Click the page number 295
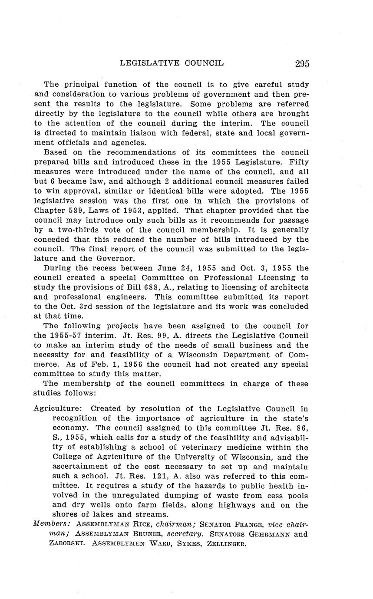[x=302, y=64]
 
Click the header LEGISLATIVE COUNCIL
[x=172, y=63]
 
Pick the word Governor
[x=100, y=259]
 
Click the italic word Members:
[x=52, y=524]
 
